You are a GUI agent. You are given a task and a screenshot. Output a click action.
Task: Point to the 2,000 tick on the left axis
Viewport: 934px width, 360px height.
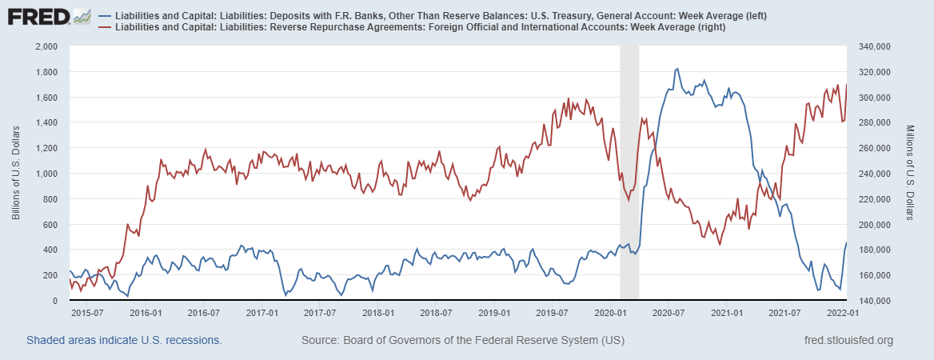coord(46,46)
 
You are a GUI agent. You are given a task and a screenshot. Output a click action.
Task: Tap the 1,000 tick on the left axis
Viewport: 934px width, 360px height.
coord(46,174)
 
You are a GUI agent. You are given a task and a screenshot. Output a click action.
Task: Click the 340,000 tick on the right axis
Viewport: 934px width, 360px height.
coord(873,46)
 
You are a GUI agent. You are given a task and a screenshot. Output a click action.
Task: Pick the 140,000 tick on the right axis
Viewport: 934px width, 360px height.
coord(873,301)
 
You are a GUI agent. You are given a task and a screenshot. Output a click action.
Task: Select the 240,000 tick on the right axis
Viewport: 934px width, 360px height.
coord(873,174)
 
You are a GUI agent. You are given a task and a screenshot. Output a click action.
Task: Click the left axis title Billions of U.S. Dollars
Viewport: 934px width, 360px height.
coord(16,173)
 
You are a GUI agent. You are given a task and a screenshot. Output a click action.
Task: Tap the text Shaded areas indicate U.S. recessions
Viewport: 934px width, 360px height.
coord(124,341)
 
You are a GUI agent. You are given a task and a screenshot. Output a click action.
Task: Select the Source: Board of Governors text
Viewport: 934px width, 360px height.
coord(463,341)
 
